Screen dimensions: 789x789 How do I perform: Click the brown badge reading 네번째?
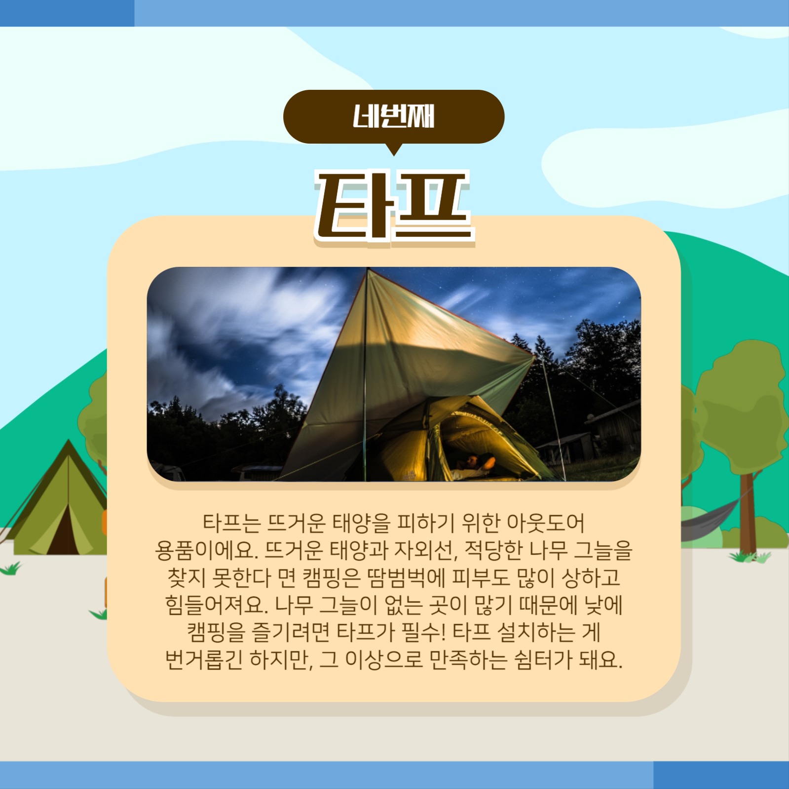393,116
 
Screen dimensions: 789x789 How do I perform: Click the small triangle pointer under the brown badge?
393,149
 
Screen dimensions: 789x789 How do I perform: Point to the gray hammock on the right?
711,516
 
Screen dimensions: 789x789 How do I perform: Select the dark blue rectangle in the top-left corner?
67,13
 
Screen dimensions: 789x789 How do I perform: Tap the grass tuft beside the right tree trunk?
750,557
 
